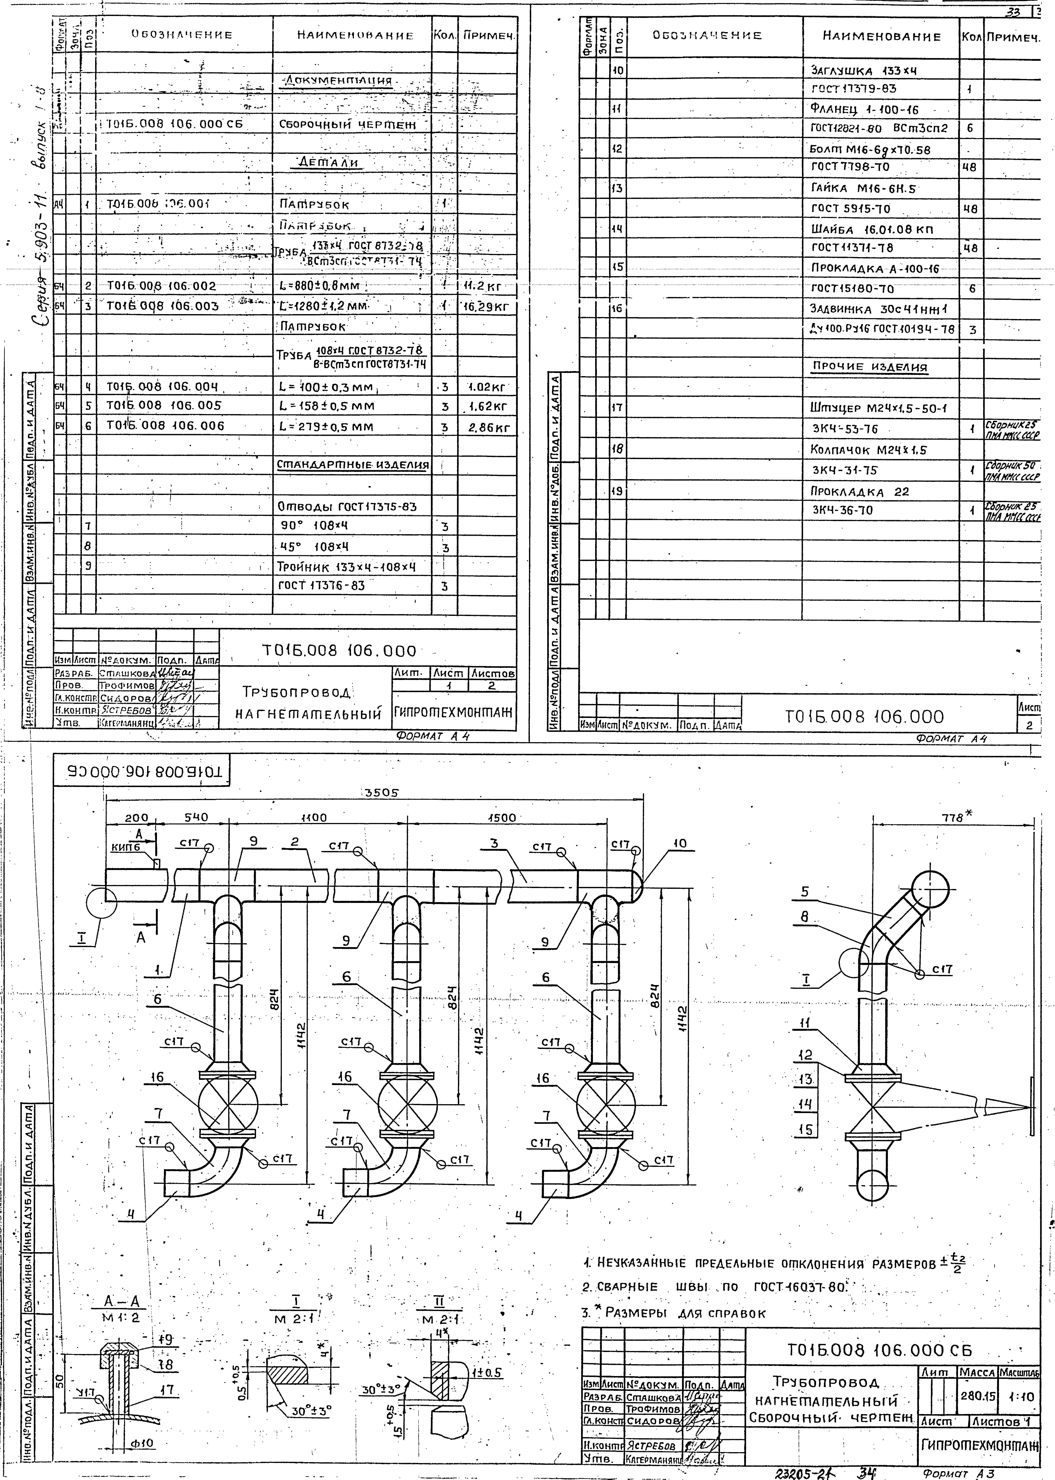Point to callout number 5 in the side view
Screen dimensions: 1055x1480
click(x=805, y=892)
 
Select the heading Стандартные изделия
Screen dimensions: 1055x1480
click(x=353, y=465)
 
